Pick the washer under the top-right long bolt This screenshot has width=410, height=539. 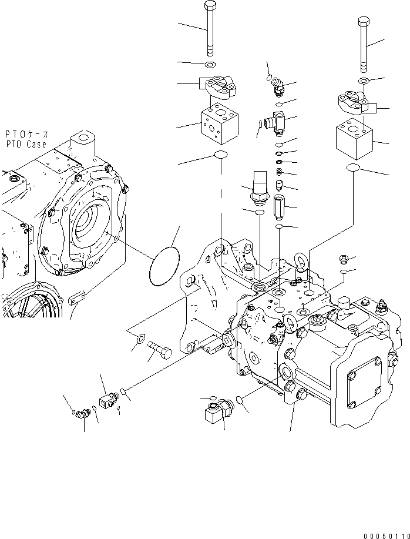(x=362, y=82)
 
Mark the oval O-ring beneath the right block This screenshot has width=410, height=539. (x=353, y=169)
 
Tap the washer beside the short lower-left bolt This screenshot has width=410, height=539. (x=141, y=339)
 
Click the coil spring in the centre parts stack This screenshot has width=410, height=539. (x=280, y=172)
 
